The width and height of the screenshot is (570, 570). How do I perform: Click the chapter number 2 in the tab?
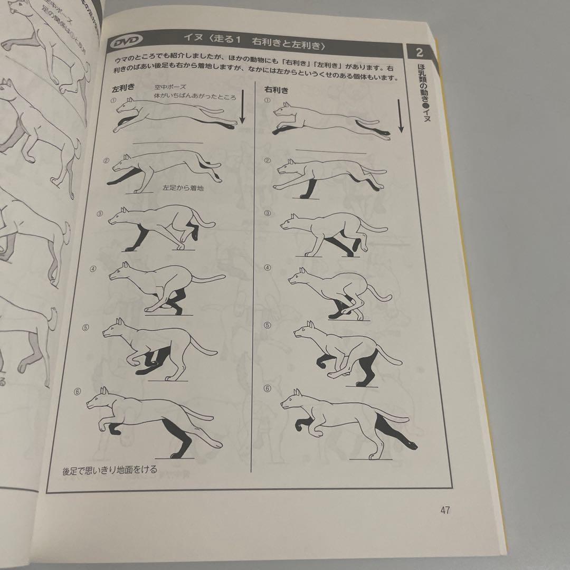(x=420, y=52)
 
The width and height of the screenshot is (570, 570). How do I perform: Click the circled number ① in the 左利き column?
(x=113, y=100)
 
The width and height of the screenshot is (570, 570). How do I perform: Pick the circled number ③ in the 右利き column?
(x=267, y=214)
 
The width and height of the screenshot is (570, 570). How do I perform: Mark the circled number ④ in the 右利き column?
(x=267, y=268)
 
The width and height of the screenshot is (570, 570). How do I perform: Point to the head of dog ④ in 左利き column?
(x=119, y=273)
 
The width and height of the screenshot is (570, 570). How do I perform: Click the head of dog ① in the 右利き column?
(x=284, y=111)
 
